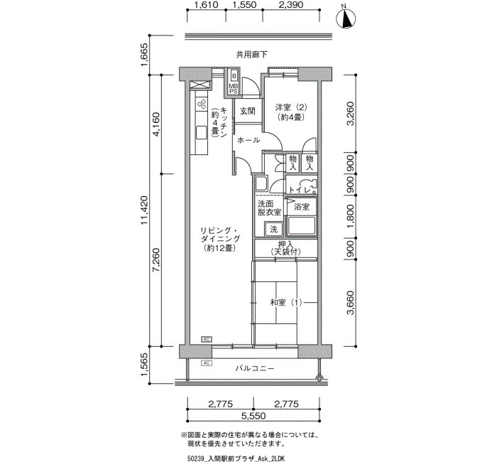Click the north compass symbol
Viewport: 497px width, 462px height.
[346, 19]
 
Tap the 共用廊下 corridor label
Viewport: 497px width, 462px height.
[251, 55]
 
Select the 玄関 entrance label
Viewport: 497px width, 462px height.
[248, 111]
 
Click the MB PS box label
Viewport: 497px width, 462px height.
[234, 89]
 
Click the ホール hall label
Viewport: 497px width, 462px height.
[248, 140]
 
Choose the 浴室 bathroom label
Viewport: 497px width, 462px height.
[301, 207]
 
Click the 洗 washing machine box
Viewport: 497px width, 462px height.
[273, 229]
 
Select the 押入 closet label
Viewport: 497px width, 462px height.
[285, 245]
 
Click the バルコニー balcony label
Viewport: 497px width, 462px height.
[254, 368]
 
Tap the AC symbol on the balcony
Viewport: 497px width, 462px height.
[207, 362]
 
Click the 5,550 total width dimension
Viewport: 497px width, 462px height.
[253, 416]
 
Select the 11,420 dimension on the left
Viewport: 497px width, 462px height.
[145, 210]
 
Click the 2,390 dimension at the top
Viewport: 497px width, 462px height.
[291, 5]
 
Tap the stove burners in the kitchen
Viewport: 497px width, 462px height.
[202, 104]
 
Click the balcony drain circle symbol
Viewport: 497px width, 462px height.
[319, 378]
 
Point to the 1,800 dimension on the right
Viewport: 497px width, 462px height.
[350, 217]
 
